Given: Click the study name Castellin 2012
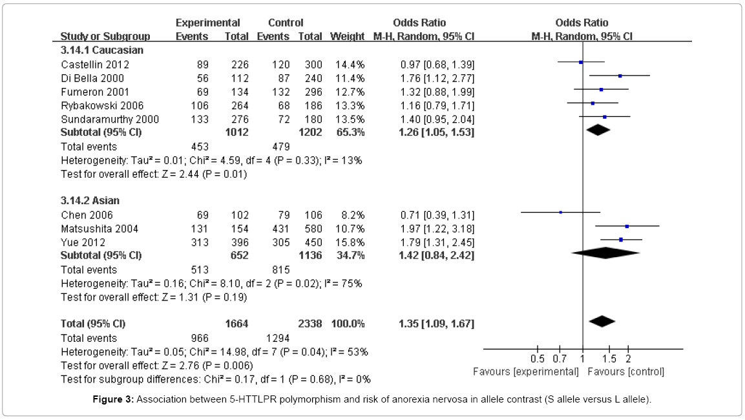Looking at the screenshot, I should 95,65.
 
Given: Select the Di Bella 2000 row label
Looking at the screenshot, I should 92,78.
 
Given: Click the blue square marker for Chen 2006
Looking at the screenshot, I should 561,212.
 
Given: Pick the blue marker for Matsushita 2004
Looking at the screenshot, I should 627,226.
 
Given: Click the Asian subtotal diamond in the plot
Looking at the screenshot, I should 605,254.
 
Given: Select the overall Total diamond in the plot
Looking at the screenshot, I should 602,321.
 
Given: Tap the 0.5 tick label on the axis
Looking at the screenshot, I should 538,359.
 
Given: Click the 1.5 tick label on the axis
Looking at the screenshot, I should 609,359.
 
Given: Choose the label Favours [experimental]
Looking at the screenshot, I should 526,372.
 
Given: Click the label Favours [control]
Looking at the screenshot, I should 625,372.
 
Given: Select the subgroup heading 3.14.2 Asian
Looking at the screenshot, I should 90,201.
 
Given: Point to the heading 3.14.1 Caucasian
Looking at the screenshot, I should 102,50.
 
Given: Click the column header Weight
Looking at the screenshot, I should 347,36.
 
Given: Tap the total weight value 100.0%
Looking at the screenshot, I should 348,323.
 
